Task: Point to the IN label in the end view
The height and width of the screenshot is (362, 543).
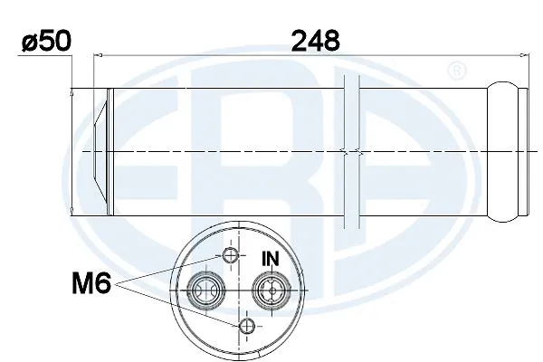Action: (x=270, y=259)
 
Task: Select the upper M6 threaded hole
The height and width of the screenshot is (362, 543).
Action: (x=232, y=259)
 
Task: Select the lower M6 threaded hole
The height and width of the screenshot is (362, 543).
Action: (x=246, y=325)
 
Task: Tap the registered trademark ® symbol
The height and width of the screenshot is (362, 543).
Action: (x=457, y=70)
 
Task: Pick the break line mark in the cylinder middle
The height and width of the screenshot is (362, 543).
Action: (x=352, y=154)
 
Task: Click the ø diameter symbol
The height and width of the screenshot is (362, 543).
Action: (x=28, y=42)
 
